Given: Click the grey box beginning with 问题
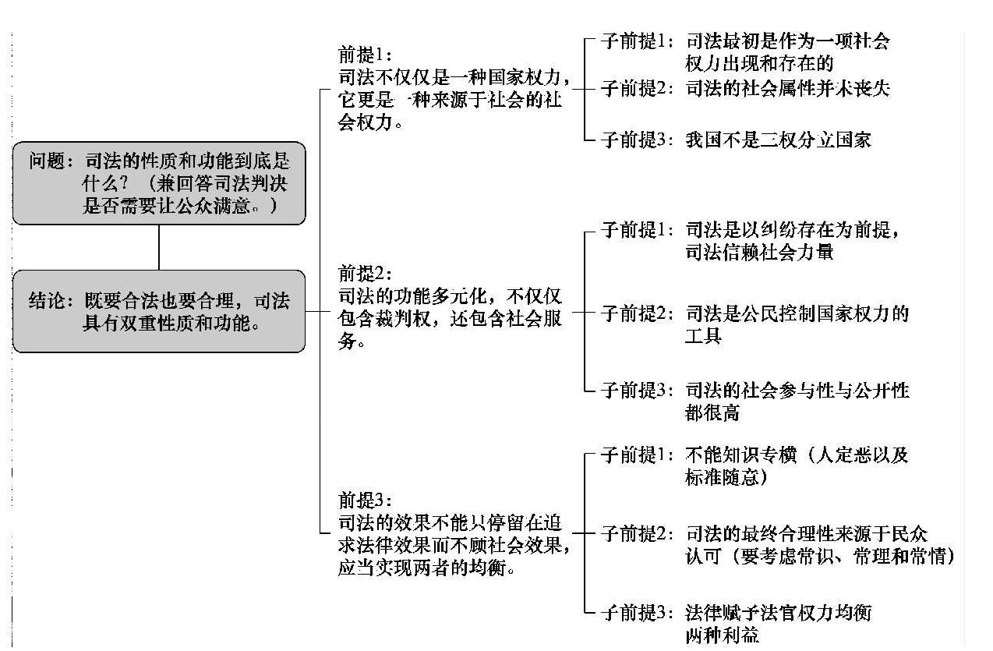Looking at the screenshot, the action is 159,183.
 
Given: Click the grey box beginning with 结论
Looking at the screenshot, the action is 159,311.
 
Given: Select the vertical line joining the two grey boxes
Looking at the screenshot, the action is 159,247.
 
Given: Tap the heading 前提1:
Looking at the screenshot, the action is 365,55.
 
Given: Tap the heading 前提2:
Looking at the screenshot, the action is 365,274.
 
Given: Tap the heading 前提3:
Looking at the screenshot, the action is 365,501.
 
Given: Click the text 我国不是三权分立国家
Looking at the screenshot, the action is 779,140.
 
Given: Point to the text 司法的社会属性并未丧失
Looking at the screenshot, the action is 788,89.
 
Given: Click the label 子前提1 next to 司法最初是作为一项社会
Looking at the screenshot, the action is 637,41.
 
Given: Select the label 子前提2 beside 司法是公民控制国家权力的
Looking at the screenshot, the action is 637,313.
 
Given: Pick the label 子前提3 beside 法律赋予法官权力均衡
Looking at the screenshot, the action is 637,613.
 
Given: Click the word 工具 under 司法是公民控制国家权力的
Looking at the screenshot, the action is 704,336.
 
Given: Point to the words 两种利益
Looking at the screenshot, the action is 722,635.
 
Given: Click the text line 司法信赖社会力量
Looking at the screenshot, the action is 759,253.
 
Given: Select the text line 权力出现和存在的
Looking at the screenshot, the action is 759,63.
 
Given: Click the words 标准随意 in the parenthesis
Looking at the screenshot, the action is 722,477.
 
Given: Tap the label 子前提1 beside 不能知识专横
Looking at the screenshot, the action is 637,455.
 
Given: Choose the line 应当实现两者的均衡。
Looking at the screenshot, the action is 426,568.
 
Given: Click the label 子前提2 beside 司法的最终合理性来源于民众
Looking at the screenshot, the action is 637,534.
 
